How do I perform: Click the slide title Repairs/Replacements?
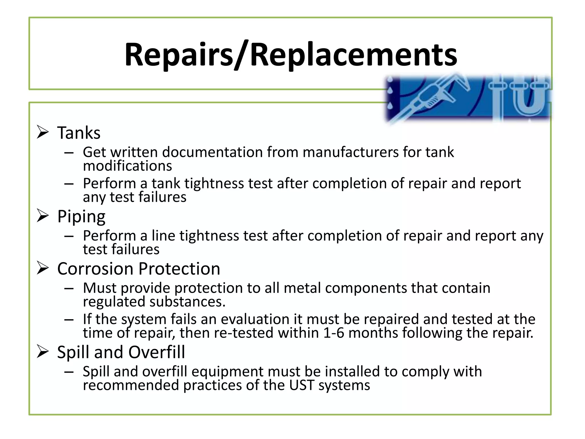pyautogui.click(x=291, y=54)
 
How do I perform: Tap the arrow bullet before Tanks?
pyautogui.click(x=43, y=132)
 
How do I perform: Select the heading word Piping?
pyautogui.click(x=81, y=216)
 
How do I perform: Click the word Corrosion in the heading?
pyautogui.click(x=95, y=269)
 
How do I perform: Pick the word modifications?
pyautogui.click(x=127, y=166)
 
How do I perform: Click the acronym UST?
pyautogui.click(x=301, y=385)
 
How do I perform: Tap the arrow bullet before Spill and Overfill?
pyautogui.click(x=43, y=352)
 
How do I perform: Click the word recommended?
pyautogui.click(x=131, y=385)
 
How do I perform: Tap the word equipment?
pyautogui.click(x=227, y=372)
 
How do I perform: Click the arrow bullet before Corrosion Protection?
pyautogui.click(x=43, y=268)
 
